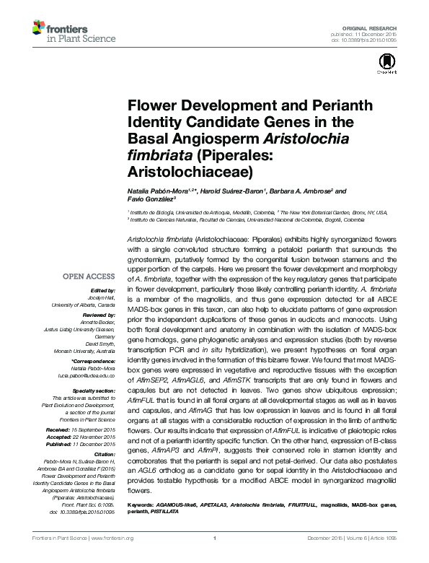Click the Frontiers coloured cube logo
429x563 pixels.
point(40,28)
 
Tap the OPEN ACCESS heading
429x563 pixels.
point(88,276)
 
